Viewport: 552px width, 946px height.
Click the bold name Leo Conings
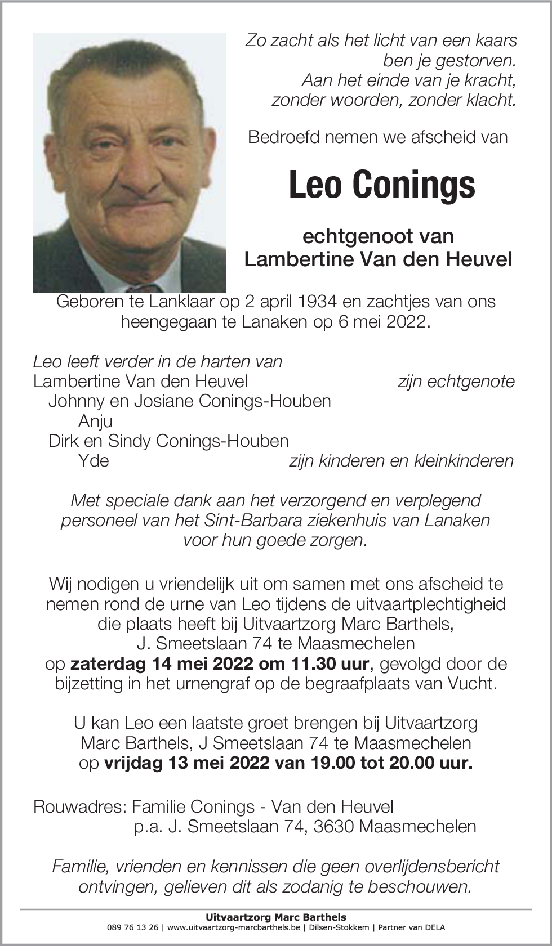(x=381, y=185)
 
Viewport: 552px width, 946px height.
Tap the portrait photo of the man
(x=130, y=163)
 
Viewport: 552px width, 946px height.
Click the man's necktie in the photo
(x=144, y=288)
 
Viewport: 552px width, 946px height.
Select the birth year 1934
(x=311, y=302)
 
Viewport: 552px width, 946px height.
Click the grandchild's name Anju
(x=95, y=421)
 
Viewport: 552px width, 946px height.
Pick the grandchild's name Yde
(x=94, y=460)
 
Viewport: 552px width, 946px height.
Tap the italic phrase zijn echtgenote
(x=456, y=382)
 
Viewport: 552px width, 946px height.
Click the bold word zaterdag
(x=107, y=663)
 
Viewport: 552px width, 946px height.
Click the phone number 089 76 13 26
(x=132, y=927)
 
